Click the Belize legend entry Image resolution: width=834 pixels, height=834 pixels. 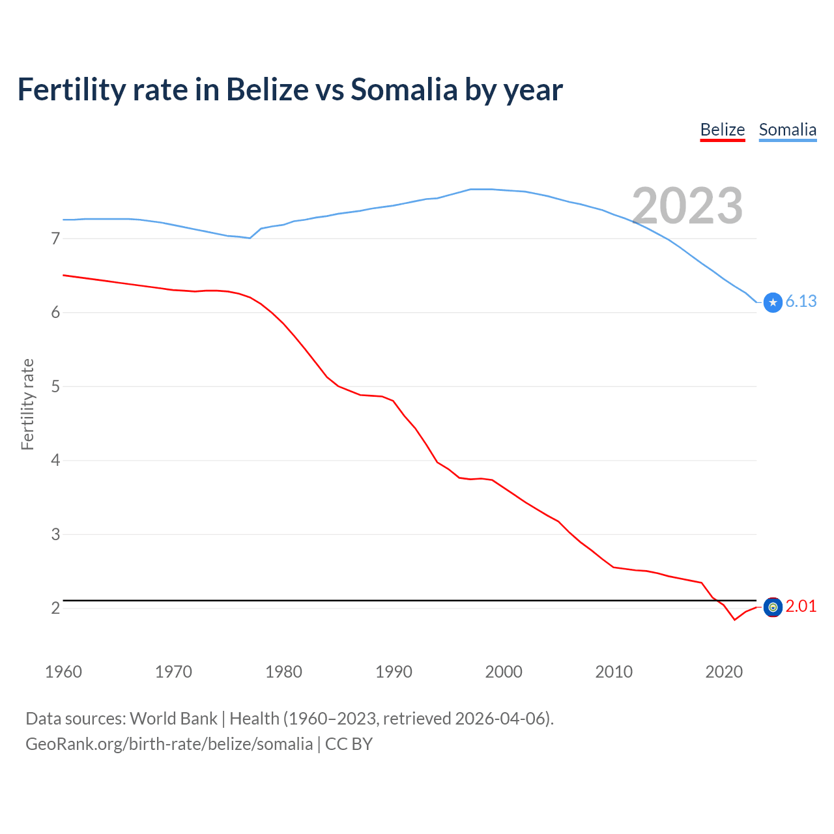point(722,130)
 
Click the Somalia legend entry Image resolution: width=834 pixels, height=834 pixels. point(787,130)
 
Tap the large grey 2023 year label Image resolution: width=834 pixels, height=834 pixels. point(687,206)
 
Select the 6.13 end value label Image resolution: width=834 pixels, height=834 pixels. point(801,301)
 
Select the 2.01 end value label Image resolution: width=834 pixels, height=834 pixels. point(801,607)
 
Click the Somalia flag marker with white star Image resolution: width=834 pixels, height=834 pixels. point(773,302)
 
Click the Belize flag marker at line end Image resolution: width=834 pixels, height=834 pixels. point(773,607)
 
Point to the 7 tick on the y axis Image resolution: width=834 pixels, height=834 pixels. point(55,239)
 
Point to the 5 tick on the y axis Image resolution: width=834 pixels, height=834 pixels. point(55,387)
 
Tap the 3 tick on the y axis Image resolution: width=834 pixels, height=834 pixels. point(55,535)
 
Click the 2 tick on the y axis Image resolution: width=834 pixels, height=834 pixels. point(55,609)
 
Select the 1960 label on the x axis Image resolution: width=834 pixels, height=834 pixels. point(63,672)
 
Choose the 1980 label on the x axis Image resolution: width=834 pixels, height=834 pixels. point(283,672)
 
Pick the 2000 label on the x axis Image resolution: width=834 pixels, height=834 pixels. point(504,672)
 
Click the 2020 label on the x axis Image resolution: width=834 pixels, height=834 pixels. point(724,672)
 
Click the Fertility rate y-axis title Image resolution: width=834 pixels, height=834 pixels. point(27,404)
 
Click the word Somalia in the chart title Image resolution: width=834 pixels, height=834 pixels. point(404,89)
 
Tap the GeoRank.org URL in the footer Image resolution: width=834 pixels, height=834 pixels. point(169,744)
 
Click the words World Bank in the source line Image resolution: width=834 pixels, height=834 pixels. point(173,719)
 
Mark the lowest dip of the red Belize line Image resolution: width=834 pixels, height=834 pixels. point(734,620)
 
